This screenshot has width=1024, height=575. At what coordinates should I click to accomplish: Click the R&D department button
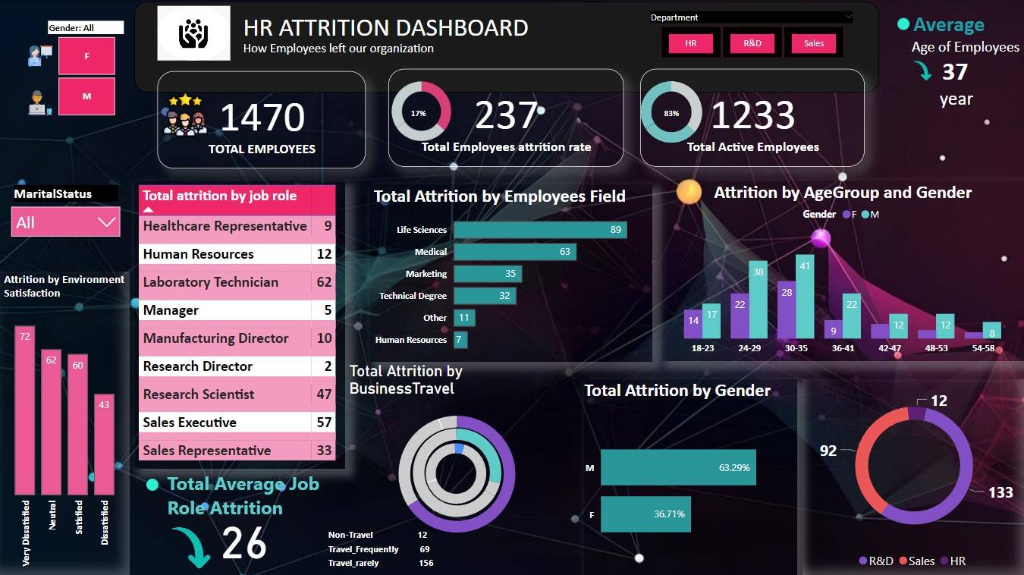(752, 43)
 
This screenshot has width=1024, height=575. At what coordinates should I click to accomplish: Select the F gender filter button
(86, 56)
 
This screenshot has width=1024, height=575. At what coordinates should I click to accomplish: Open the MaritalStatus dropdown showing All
(66, 222)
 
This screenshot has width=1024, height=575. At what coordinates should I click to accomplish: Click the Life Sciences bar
(540, 230)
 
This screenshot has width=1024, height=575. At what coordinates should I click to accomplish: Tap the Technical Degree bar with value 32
(485, 296)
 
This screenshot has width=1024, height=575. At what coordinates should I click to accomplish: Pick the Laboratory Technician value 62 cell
(324, 282)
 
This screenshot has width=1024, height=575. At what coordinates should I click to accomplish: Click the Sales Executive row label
(190, 423)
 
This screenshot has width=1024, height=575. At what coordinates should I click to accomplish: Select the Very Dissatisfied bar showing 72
(25, 410)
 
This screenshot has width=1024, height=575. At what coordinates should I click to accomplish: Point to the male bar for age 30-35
(805, 297)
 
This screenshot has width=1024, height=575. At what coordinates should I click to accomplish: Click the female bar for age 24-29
(740, 316)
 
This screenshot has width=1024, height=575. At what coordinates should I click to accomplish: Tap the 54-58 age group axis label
(982, 348)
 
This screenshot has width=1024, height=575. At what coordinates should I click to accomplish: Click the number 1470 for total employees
(262, 118)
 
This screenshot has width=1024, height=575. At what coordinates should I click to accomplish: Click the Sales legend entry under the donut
(916, 561)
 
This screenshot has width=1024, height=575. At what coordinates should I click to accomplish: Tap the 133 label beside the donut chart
(1000, 493)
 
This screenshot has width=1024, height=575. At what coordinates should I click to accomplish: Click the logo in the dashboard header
(193, 33)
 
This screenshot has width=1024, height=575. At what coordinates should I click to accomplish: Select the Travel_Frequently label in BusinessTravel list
(363, 549)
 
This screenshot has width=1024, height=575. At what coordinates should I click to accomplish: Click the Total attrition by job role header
(220, 196)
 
